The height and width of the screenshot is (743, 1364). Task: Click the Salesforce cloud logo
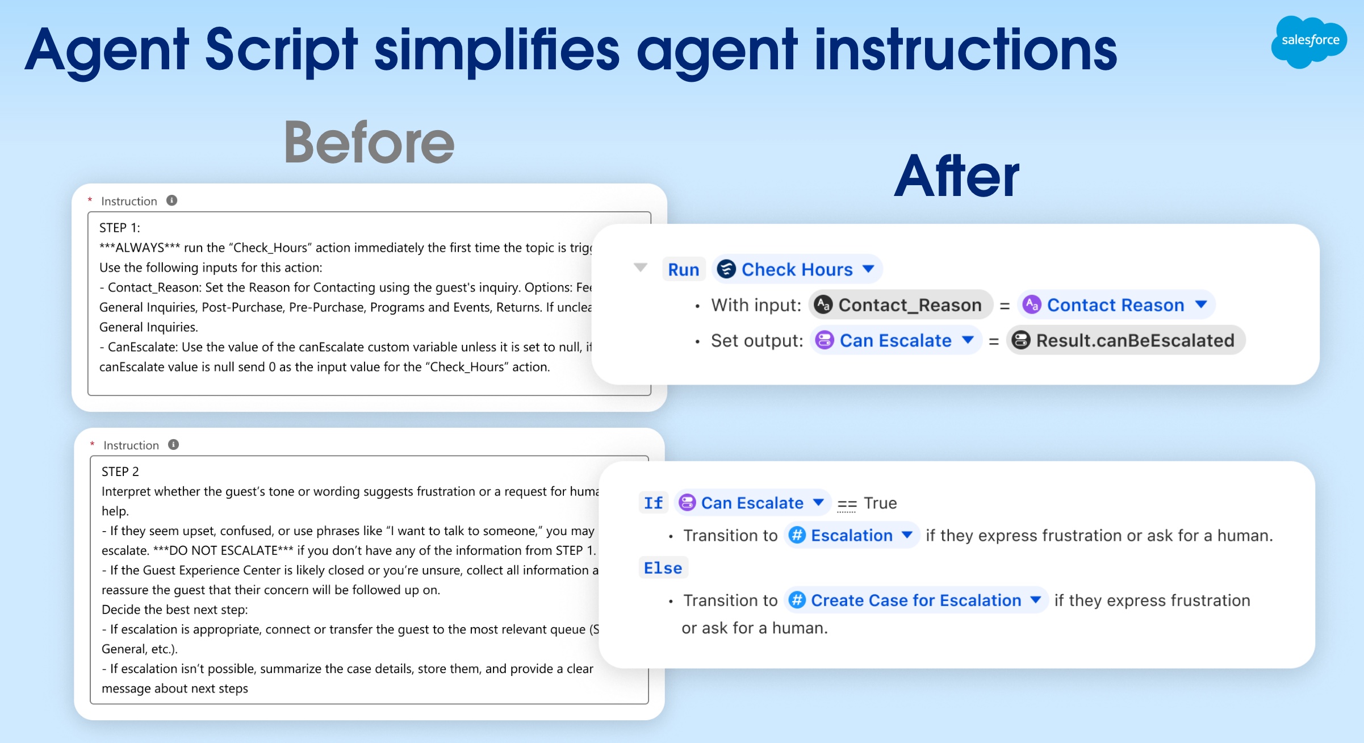pyautogui.click(x=1308, y=41)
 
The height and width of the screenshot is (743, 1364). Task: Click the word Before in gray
pyautogui.click(x=369, y=143)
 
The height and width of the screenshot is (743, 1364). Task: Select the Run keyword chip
pyautogui.click(x=683, y=269)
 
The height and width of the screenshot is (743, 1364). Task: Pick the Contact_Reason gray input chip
pyautogui.click(x=900, y=305)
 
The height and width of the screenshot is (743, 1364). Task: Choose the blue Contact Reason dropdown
pyautogui.click(x=1116, y=305)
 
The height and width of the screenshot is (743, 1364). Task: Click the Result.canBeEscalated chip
pyautogui.click(x=1125, y=340)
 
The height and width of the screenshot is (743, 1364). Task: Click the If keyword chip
pyautogui.click(x=653, y=503)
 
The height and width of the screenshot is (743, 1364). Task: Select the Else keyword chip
pyautogui.click(x=663, y=568)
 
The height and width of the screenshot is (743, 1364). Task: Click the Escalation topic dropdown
pyautogui.click(x=851, y=535)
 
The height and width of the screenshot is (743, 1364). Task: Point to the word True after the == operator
pyautogui.click(x=880, y=503)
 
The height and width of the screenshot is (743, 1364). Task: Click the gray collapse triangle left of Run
pyautogui.click(x=641, y=267)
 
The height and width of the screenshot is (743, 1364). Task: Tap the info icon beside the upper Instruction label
pyautogui.click(x=171, y=201)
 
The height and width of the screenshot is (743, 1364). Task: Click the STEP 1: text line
pyautogui.click(x=120, y=228)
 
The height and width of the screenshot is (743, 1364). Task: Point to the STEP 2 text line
pyautogui.click(x=120, y=471)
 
